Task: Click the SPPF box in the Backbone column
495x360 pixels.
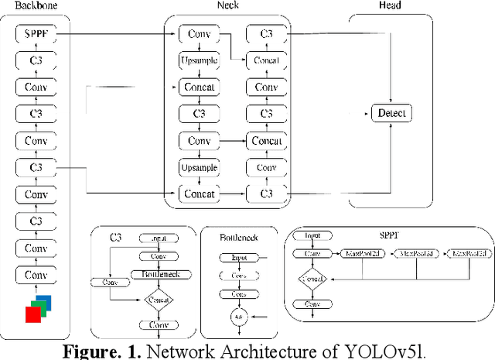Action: pos(36,34)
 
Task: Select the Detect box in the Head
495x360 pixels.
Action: pos(391,114)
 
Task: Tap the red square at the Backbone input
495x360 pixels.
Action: pos(32,314)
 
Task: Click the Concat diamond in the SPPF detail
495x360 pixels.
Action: pos(312,278)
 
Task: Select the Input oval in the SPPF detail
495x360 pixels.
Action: pos(312,235)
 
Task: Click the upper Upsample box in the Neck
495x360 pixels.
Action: pos(200,60)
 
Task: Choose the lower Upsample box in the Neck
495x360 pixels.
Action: pos(200,167)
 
